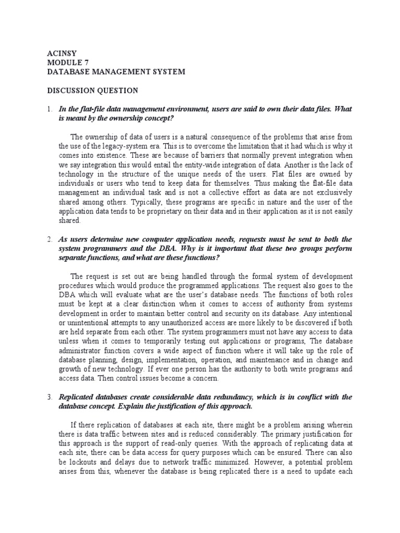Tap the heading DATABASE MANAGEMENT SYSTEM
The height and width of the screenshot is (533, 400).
tap(116, 71)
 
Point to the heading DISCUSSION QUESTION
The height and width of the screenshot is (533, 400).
tap(93, 90)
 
